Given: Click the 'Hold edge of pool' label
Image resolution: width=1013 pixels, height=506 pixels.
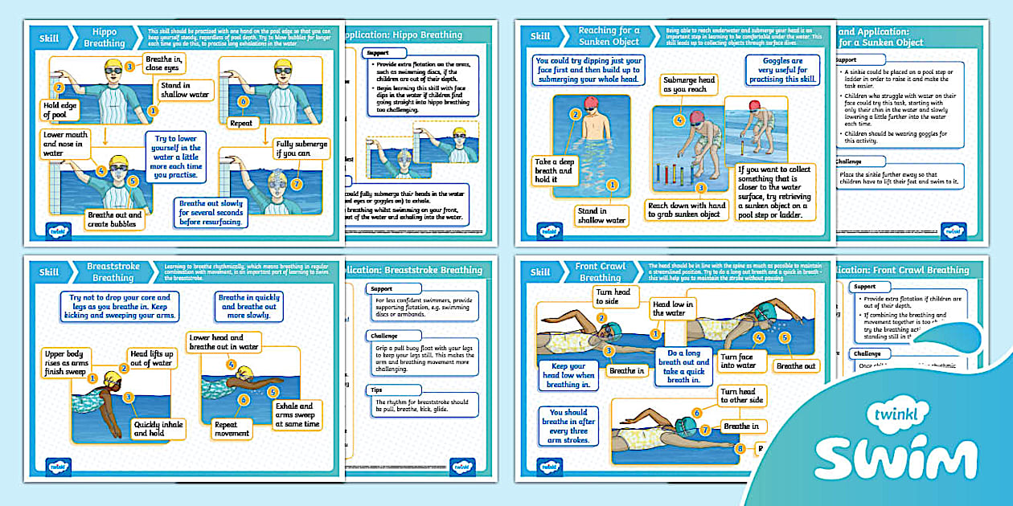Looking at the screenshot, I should pos(60,110).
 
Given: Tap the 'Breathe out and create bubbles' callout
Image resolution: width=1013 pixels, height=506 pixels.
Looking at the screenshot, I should pos(114,220).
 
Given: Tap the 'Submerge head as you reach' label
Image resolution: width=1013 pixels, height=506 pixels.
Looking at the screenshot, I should pos(688,85).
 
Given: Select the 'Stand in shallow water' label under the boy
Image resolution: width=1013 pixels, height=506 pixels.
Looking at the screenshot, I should pos(601,215).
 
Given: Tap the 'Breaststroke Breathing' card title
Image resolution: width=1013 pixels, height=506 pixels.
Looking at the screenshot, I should pos(113,271).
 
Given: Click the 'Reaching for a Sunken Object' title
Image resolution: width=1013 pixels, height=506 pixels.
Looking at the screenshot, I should pos(609,35).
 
